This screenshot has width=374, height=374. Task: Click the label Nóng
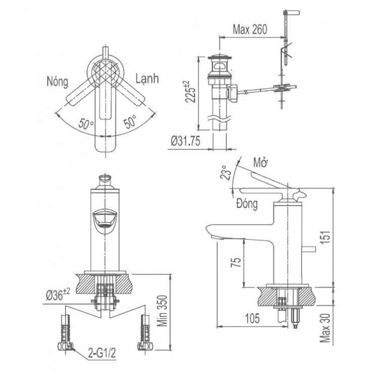[x=57, y=80]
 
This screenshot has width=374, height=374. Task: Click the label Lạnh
[x=147, y=78]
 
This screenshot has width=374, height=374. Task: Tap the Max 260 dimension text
[x=250, y=29]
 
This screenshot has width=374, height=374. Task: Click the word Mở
[x=261, y=164]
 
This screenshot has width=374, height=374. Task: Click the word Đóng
[x=247, y=204]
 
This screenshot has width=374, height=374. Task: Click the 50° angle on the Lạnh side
[x=129, y=123]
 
